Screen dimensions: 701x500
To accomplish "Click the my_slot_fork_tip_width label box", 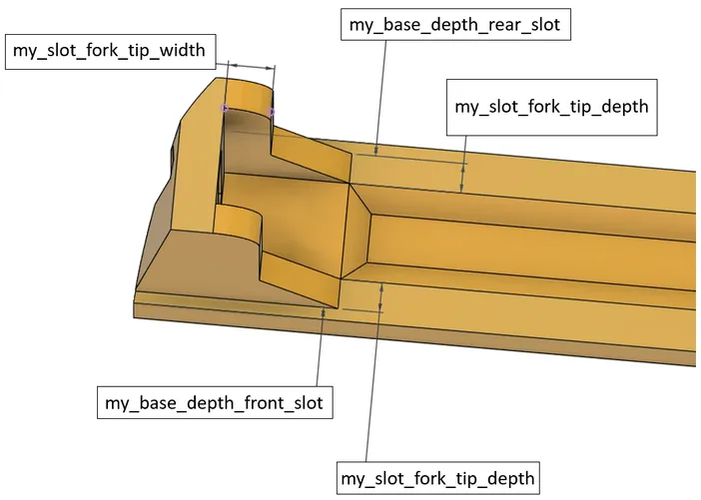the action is coord(111,51).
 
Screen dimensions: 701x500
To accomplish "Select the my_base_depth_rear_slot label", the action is coord(455,25).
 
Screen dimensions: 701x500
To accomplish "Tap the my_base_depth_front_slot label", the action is coord(215,402).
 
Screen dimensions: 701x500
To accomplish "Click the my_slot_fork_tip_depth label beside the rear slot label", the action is coord(551,107).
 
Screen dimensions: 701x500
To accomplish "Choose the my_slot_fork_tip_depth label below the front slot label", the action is coord(438,478).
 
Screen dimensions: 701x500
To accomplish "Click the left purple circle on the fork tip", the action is coord(225,108).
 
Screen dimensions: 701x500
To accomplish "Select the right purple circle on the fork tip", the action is coord(271,112).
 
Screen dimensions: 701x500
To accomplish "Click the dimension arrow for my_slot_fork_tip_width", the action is coord(251,66).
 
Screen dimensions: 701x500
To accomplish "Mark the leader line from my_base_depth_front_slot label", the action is coord(321,347).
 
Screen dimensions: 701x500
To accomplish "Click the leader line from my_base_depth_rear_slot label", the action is coord(380,98).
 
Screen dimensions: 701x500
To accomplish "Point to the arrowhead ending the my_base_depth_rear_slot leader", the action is coord(376,151).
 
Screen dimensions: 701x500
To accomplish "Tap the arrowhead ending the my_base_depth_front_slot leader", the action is coord(324,311).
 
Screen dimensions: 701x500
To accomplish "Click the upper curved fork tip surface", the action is coord(249,96).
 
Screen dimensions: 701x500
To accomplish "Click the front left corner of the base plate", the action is coord(134,317).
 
